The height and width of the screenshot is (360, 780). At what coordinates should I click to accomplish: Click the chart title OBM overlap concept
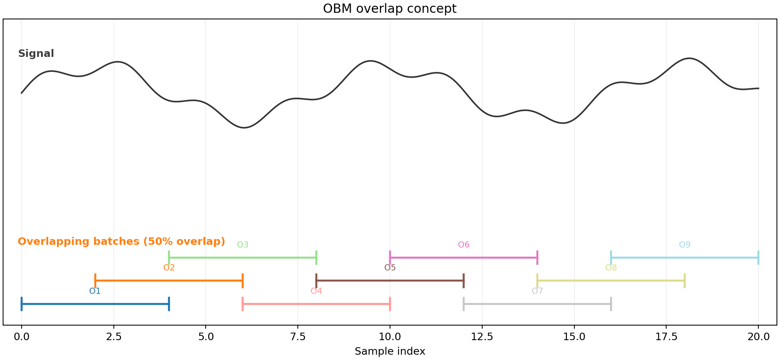[x=390, y=9]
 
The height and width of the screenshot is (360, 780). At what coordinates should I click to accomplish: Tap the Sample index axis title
[x=390, y=352]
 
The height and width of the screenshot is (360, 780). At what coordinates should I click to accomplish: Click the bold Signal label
[x=36, y=54]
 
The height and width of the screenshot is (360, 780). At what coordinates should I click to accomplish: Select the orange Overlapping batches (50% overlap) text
[x=121, y=242]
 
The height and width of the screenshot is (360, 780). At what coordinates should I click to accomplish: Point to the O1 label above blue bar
[x=95, y=291]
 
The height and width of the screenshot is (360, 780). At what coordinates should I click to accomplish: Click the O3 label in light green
[x=243, y=245]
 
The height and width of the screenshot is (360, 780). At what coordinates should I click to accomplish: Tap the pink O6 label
[x=464, y=245]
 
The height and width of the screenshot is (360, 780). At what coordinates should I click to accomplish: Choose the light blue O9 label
[x=685, y=245]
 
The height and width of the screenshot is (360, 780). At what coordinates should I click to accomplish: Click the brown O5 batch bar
[x=390, y=281]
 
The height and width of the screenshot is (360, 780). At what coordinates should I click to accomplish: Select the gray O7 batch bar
[x=537, y=304]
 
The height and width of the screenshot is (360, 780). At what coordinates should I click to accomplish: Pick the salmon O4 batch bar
[x=316, y=304]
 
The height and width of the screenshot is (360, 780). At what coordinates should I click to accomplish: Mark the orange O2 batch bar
[x=169, y=281]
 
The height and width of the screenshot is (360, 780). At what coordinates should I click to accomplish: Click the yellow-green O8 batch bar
[x=611, y=281]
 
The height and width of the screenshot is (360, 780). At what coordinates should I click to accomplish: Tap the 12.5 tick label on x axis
[x=482, y=337]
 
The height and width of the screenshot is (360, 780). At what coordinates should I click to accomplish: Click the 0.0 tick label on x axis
[x=22, y=337]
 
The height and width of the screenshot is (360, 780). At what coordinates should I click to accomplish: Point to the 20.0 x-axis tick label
[x=758, y=337]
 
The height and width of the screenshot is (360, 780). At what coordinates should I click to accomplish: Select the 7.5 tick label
[x=298, y=337]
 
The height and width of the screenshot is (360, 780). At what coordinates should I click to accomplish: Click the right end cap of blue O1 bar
[x=169, y=304]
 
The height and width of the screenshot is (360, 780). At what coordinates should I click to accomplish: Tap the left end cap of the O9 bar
[x=611, y=258]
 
